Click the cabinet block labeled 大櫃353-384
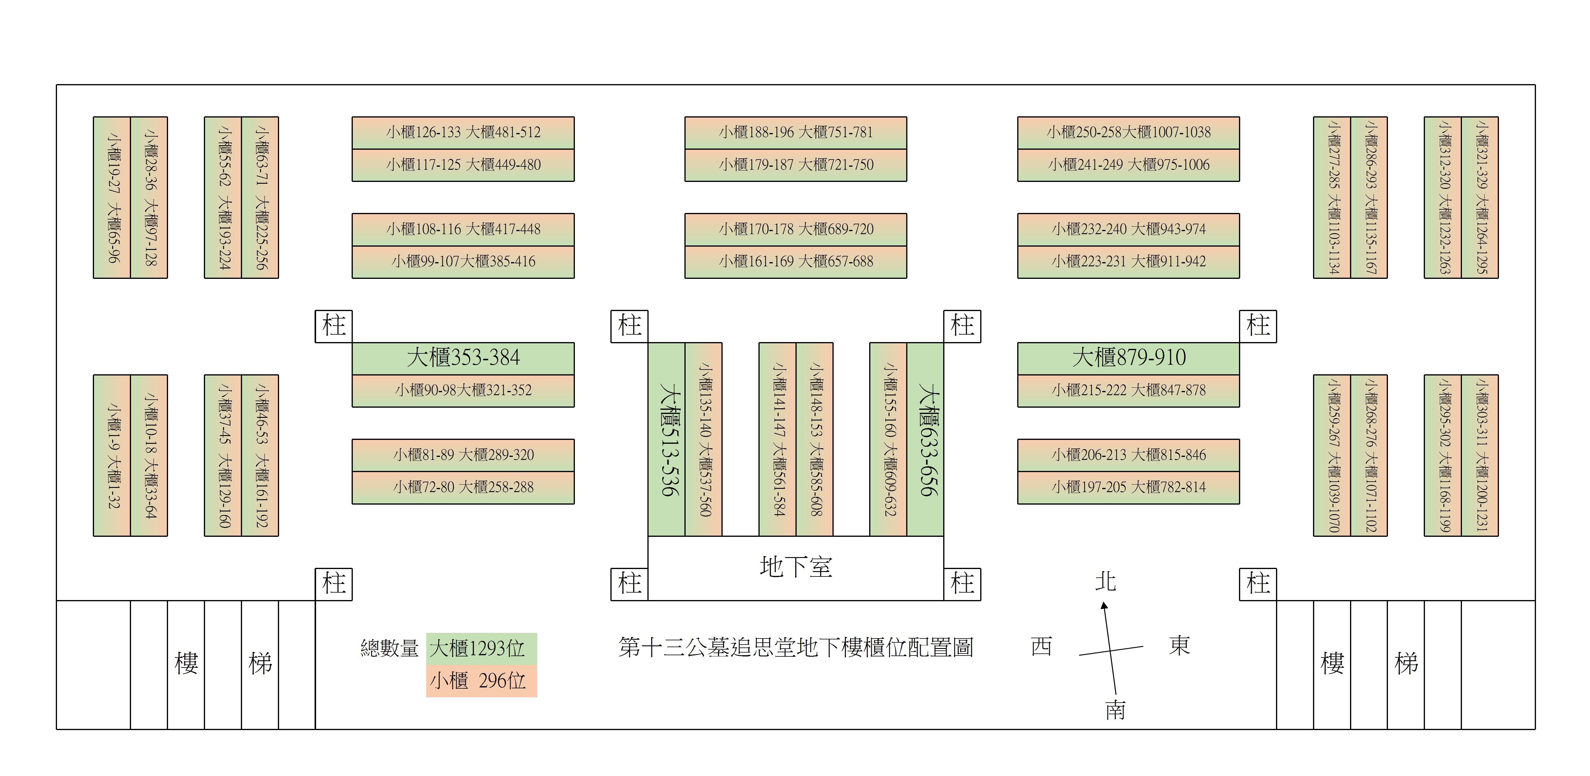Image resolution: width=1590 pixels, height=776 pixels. (463, 358)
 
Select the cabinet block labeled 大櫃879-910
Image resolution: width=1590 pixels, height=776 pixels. (1128, 358)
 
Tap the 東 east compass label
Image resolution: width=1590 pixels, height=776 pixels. (1179, 645)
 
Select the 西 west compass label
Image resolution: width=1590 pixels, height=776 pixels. (1041, 647)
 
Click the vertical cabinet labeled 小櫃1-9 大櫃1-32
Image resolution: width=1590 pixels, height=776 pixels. (112, 455)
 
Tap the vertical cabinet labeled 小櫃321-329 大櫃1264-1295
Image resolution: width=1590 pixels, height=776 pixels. (1480, 197)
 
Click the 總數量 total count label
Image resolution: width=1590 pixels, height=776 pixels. (390, 648)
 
